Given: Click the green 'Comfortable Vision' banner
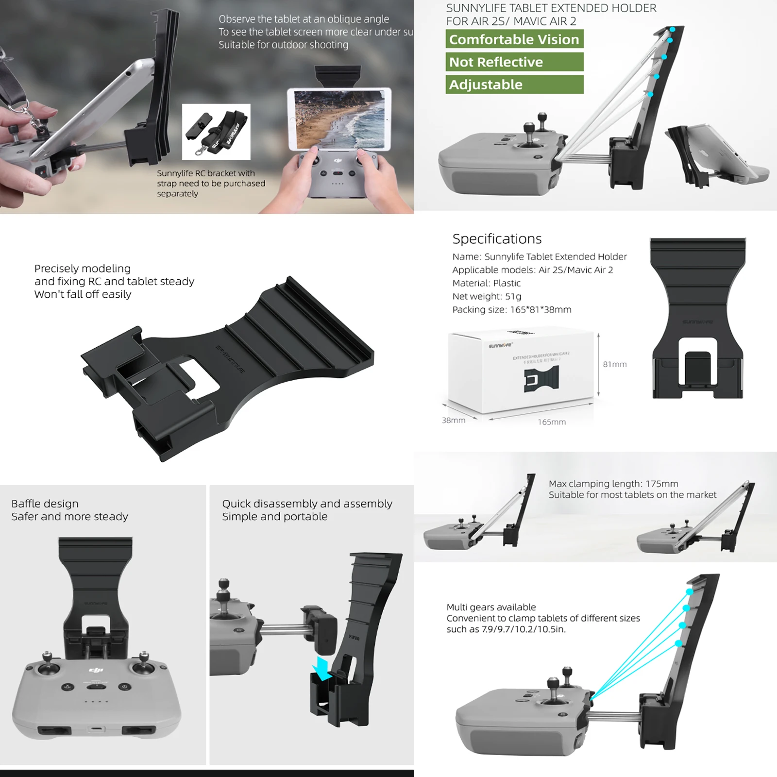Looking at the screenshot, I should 514,39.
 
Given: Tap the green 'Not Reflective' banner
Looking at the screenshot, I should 514,62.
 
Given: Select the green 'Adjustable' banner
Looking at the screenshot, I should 514,84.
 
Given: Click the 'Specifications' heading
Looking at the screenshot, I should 497,239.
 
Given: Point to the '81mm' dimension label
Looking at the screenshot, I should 615,364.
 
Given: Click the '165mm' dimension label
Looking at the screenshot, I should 552,422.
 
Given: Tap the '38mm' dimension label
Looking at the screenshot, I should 454,420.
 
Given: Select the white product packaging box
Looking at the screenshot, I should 521,371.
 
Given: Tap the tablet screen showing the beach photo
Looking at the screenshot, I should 339,119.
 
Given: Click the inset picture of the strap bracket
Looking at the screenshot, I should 216,132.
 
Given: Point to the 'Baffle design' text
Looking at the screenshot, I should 45,504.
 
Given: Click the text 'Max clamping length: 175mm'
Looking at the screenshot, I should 613,484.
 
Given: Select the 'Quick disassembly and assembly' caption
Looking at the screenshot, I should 307,504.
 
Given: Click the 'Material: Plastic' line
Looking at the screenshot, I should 486,283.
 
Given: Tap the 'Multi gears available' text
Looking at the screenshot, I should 491,607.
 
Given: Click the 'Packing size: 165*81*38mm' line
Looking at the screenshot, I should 512,309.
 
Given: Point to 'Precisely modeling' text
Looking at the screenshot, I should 83,269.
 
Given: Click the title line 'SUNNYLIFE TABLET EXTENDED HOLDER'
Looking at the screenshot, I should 551,8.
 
